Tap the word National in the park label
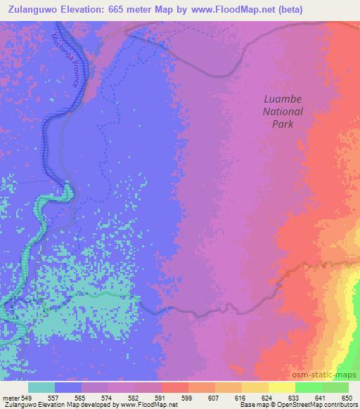click(283, 112)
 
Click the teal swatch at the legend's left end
click(42, 387)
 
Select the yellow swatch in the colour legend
click(281, 387)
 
